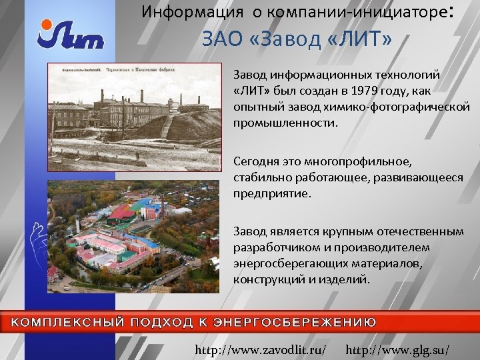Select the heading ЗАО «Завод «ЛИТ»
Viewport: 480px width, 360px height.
point(297,40)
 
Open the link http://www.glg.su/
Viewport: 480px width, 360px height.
point(398,349)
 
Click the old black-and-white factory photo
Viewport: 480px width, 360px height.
point(133,117)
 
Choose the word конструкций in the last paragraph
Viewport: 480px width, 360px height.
point(265,279)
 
